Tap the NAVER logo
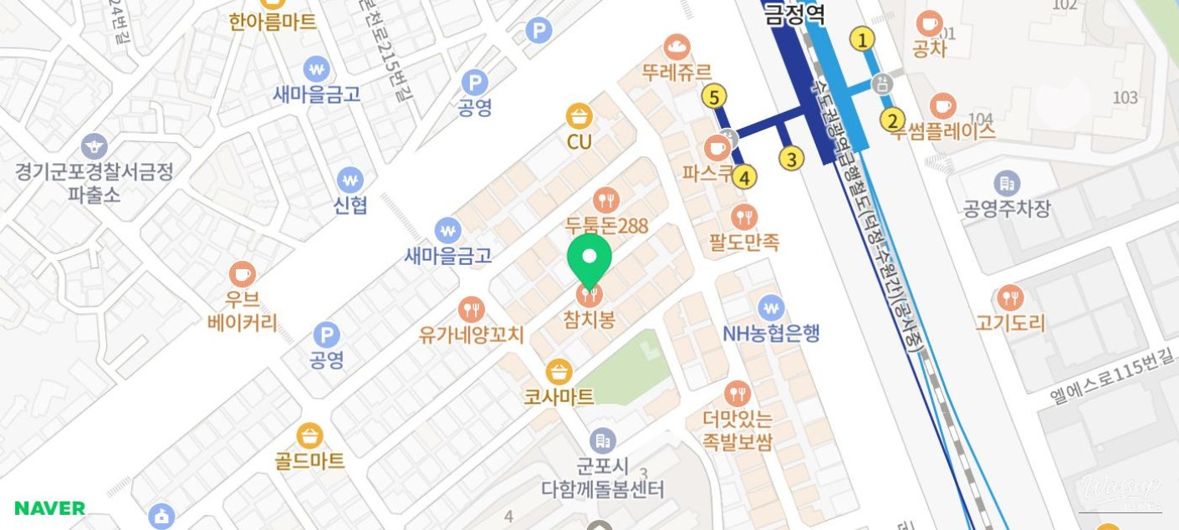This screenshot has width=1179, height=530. [50, 508]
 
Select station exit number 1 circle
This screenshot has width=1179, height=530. [862, 38]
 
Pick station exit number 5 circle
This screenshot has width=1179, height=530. [713, 97]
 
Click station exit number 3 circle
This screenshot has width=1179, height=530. [791, 157]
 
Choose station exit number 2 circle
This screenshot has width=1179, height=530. [893, 120]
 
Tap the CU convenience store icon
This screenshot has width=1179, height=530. [579, 116]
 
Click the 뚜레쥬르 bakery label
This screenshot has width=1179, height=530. [676, 72]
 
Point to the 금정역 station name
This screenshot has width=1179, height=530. [795, 14]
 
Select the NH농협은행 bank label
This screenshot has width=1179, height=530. [771, 334]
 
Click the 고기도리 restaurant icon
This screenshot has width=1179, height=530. [1010, 298]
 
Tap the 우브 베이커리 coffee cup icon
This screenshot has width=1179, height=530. [242, 274]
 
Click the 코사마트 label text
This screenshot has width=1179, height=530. [559, 396]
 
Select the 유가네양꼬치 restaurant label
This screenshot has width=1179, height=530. [472, 335]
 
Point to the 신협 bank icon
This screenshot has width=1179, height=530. [350, 179]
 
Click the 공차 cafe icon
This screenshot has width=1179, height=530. [929, 23]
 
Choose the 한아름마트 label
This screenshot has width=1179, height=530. [273, 22]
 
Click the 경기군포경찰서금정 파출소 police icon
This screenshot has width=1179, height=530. [94, 146]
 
